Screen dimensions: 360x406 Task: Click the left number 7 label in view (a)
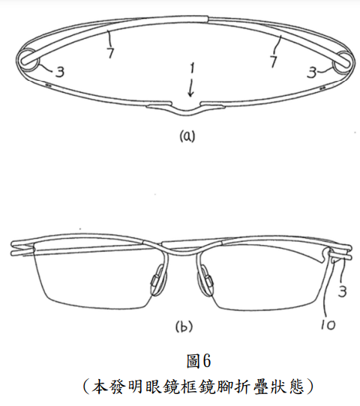pos(111,53)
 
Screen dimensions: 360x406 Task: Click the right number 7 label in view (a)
pos(274,61)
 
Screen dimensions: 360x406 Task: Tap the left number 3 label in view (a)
pos(60,71)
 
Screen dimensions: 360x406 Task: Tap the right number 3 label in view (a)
pos(311,72)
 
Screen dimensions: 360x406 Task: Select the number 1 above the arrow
pos(192,68)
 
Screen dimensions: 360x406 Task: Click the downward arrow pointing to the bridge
pos(191,88)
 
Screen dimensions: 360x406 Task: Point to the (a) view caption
pos(187,136)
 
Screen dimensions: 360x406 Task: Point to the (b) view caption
pos(184,327)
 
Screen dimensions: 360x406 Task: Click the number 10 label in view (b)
pos(328,324)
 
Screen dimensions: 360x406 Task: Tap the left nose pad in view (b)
pos(157,281)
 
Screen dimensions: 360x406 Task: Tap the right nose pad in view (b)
pos(205,281)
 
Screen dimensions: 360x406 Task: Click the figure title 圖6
pos(199,361)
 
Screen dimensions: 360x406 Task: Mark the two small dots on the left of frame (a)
pos(48,85)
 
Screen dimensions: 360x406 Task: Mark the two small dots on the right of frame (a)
pos(322,88)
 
